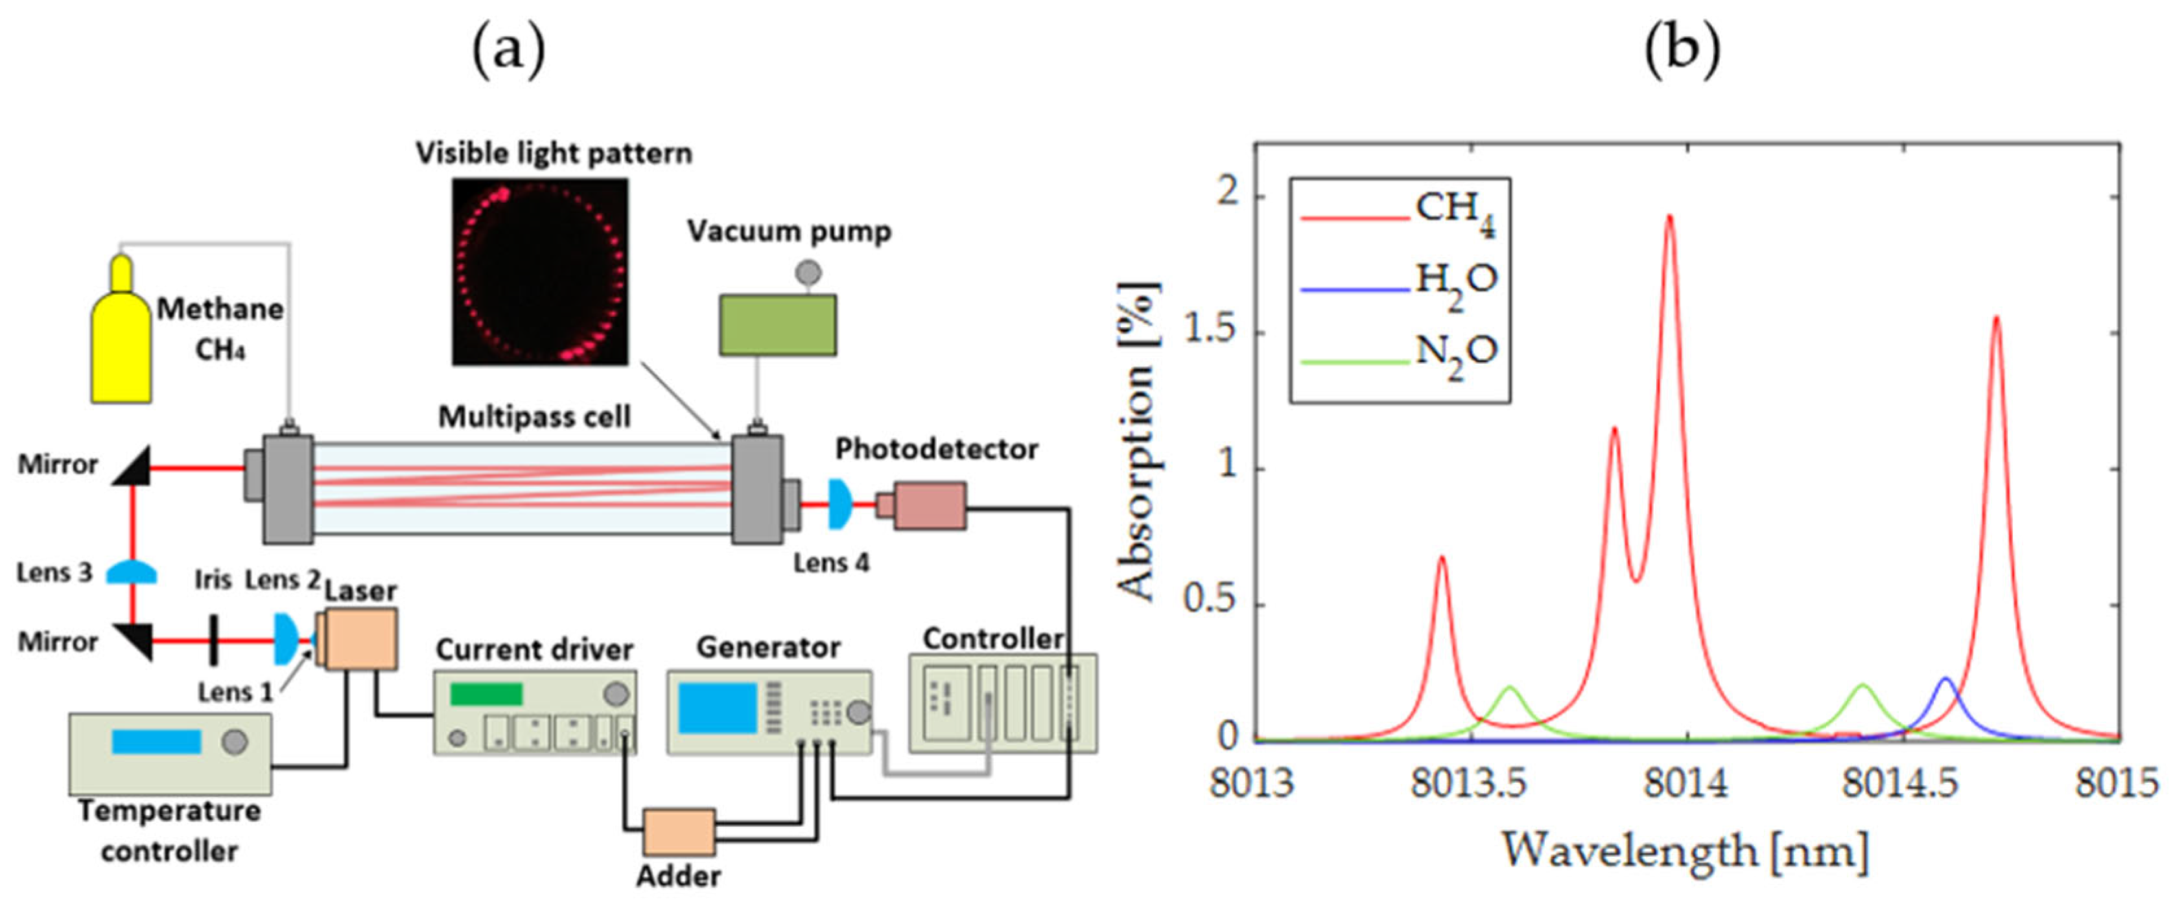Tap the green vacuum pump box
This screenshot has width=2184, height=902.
[x=777, y=325]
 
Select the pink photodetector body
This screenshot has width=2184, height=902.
[x=929, y=506]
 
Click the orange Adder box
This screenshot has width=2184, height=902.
[x=678, y=833]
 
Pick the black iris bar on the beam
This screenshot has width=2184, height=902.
[x=214, y=640]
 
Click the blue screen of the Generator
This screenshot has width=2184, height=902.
[x=717, y=707]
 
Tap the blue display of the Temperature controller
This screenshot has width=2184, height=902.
[x=156, y=742]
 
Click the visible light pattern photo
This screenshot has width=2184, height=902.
[x=540, y=272]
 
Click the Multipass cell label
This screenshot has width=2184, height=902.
[x=534, y=417]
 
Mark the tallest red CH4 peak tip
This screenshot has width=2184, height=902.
[x=1669, y=217]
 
